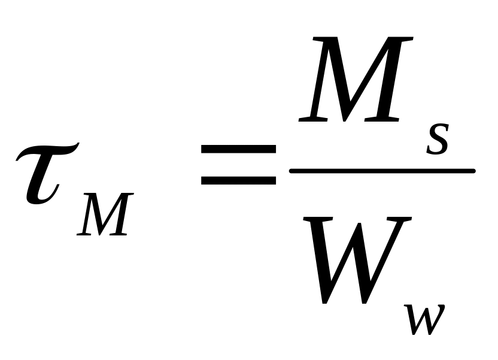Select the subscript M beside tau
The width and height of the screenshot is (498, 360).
(105, 214)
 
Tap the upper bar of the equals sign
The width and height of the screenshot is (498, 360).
(238, 149)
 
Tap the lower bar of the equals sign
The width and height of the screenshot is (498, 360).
(238, 180)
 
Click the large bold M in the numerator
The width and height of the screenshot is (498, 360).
(356, 80)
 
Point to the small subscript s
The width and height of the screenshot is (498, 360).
(438, 139)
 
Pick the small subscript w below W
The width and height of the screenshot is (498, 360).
(424, 319)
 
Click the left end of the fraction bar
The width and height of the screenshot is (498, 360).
(291, 171)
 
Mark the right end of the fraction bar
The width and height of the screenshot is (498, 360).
(473, 171)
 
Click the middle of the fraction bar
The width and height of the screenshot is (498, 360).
(382, 171)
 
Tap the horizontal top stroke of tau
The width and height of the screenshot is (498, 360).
(48, 151)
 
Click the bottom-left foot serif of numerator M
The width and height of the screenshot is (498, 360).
(313, 119)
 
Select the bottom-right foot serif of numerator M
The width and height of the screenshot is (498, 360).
(381, 119)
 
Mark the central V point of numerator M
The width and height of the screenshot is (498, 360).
(345, 120)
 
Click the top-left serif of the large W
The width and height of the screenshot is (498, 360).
(318, 219)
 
